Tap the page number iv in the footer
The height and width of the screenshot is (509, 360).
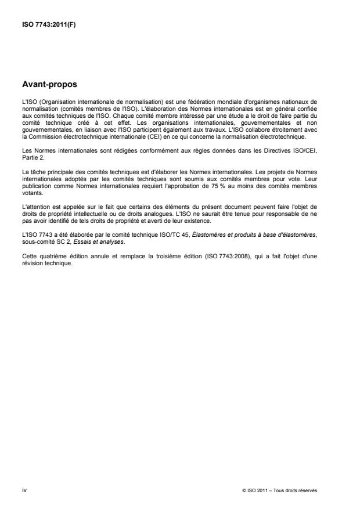pyautogui.click(x=24, y=490)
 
